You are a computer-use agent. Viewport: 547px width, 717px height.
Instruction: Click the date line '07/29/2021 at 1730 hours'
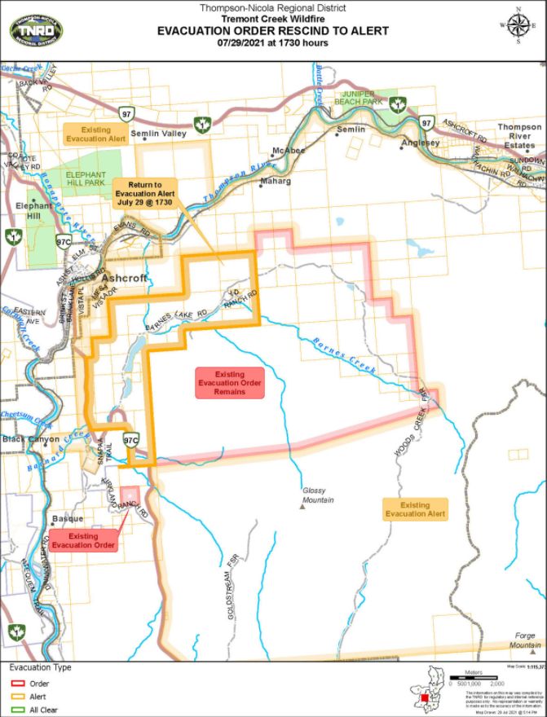coord(273,42)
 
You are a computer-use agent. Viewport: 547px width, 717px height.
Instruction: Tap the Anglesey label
coord(420,143)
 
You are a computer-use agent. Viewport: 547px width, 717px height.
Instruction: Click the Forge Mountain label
coord(518,641)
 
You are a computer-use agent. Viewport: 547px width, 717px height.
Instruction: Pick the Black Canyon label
coord(26,439)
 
